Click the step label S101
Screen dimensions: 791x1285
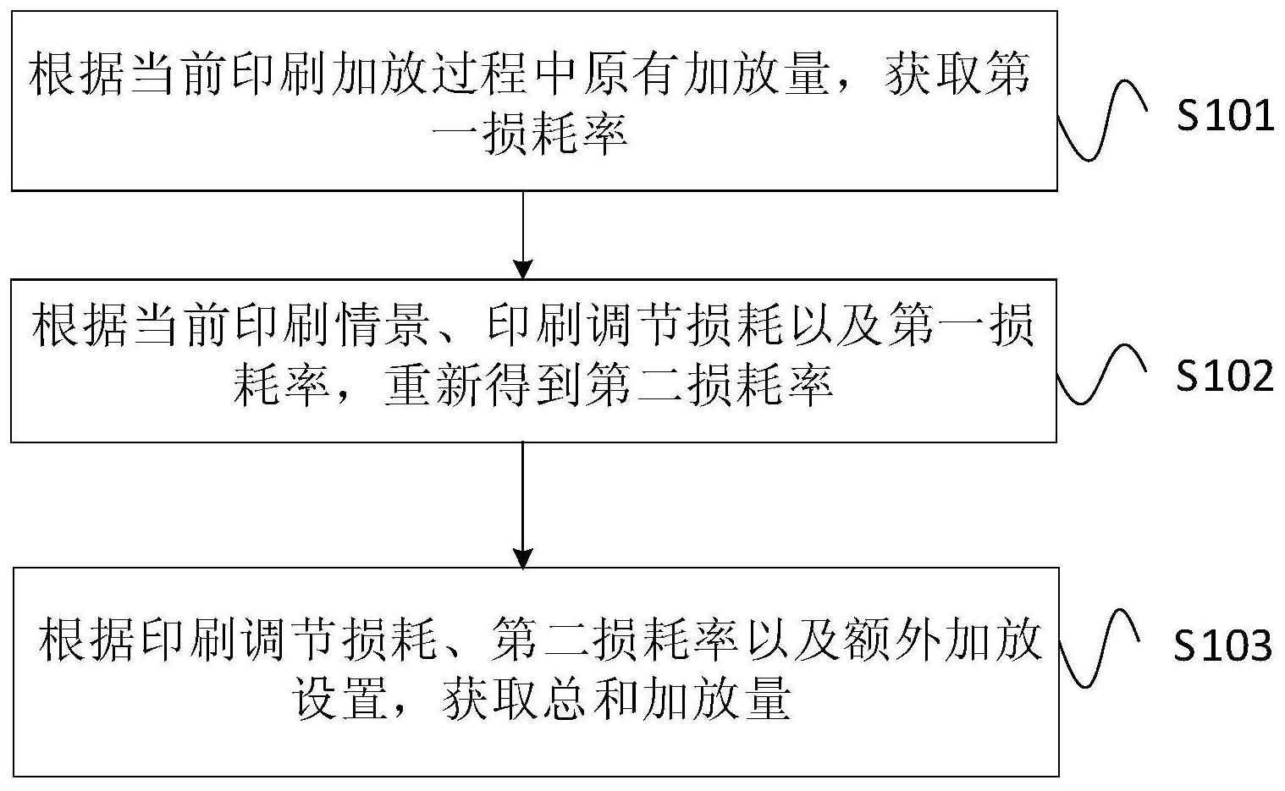pyautogui.click(x=1225, y=116)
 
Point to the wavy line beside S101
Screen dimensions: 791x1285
pyautogui.click(x=1102, y=119)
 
